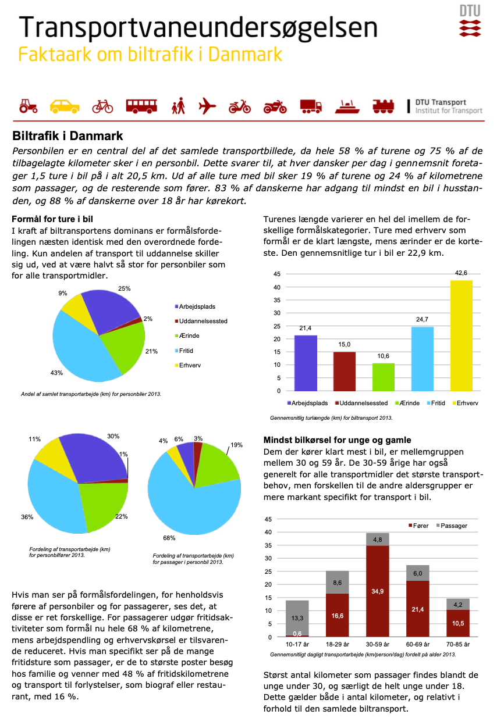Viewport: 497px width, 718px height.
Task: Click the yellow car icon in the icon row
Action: pos(65,106)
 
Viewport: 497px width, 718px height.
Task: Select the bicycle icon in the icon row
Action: pos(102,106)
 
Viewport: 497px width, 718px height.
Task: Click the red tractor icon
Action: pos(28,106)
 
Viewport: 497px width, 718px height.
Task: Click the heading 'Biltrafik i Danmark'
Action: pos(68,136)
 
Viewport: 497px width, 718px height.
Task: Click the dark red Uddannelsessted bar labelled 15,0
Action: pos(344,371)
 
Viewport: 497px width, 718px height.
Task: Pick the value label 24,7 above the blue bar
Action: pos(422,319)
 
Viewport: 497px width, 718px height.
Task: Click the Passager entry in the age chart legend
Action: pos(453,526)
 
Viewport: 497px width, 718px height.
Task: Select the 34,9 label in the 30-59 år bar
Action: pos(378,591)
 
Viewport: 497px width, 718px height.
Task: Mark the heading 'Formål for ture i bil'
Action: pos(53,219)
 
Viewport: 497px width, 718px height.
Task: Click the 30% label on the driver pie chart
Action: pos(113,436)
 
